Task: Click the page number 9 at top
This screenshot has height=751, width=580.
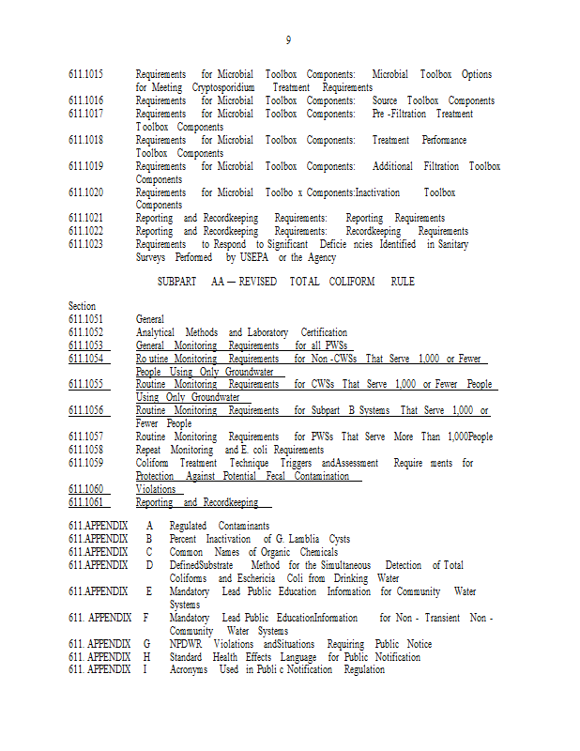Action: [x=289, y=40]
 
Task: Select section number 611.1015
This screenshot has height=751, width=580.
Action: [x=85, y=74]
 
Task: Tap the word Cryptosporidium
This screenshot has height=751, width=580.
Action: [x=223, y=87]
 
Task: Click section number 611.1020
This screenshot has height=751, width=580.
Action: [x=85, y=192]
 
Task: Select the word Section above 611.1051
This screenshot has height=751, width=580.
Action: [x=82, y=307]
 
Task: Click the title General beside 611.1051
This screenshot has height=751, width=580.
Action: [x=150, y=319]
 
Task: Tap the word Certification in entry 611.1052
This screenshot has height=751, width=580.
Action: [x=324, y=332]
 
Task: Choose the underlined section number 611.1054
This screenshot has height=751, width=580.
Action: [x=85, y=359]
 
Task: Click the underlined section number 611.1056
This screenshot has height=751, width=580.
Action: [x=85, y=411]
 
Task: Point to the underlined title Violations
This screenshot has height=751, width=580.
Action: [x=155, y=489]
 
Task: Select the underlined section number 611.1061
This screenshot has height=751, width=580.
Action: [x=85, y=502]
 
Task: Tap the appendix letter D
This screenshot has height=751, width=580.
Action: [x=148, y=565]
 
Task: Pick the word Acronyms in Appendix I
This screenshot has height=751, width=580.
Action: [x=189, y=669]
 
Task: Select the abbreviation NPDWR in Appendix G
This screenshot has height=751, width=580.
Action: [x=186, y=644]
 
